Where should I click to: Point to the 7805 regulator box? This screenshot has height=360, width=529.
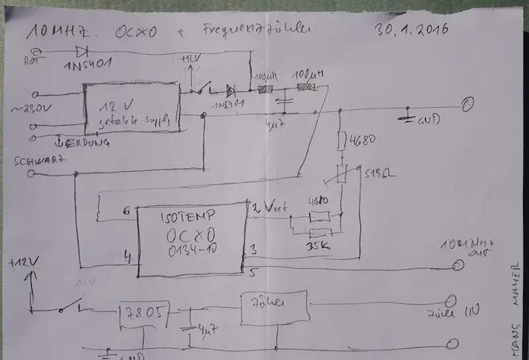click(143, 312)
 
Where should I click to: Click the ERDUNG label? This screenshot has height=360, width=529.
click(84, 142)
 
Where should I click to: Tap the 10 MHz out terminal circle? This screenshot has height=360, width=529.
click(457, 267)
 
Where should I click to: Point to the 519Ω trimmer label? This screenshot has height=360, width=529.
click(376, 175)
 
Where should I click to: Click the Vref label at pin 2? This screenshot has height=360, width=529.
click(271, 207)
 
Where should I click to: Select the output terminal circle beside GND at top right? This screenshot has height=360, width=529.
click(468, 105)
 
